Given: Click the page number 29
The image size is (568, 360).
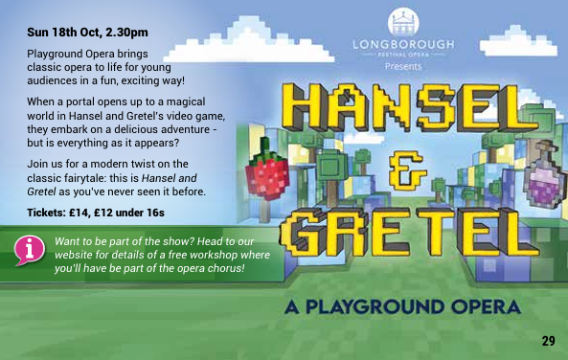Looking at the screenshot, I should [x=548, y=341].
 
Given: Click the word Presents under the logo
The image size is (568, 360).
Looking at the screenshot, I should [x=402, y=67].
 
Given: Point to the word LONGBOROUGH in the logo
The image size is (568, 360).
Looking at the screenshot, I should [x=402, y=45].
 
